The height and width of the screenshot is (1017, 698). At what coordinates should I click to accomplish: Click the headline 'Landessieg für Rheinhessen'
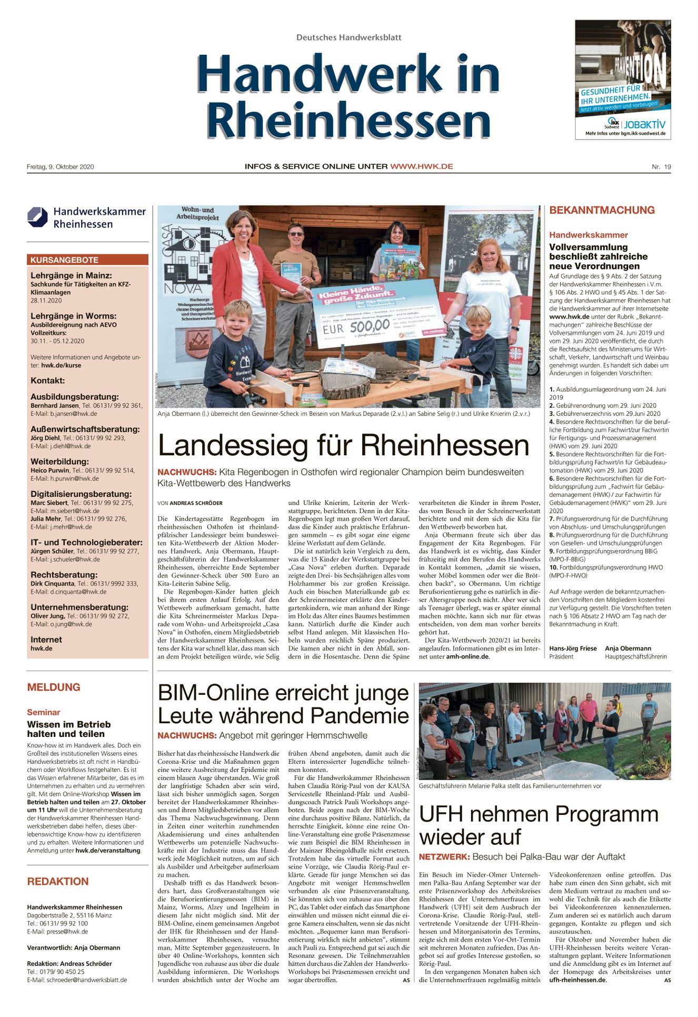click(x=343, y=445)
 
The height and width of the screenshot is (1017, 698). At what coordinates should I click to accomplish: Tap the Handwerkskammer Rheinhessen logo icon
click(x=38, y=217)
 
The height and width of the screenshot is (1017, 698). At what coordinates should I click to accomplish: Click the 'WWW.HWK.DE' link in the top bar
click(x=421, y=166)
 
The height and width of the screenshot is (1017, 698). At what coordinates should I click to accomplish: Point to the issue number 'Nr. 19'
click(x=661, y=167)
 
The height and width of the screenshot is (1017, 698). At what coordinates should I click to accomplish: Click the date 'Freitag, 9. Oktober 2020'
click(x=61, y=167)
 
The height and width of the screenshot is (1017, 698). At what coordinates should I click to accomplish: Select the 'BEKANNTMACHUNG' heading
click(x=602, y=210)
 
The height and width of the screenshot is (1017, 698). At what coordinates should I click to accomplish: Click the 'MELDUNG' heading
click(x=54, y=687)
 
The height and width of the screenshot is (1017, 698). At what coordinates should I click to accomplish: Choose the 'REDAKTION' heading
click(x=58, y=881)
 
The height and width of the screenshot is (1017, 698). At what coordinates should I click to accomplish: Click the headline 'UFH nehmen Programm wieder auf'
click(x=538, y=825)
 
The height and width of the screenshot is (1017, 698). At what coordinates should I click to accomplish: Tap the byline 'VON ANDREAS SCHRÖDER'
click(x=190, y=503)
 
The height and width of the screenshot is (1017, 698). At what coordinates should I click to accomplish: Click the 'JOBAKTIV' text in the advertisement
click(x=645, y=125)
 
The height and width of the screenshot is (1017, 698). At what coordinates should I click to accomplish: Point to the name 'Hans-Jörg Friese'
click(x=573, y=649)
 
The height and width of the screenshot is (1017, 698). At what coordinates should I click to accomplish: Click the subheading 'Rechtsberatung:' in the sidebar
click(x=64, y=575)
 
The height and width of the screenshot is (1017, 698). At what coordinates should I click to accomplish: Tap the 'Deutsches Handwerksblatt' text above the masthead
click(x=348, y=37)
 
